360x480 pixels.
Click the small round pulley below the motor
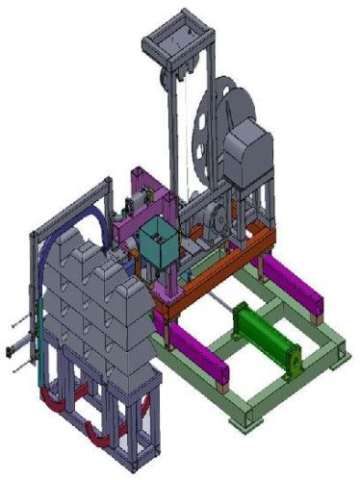click(217, 220)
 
